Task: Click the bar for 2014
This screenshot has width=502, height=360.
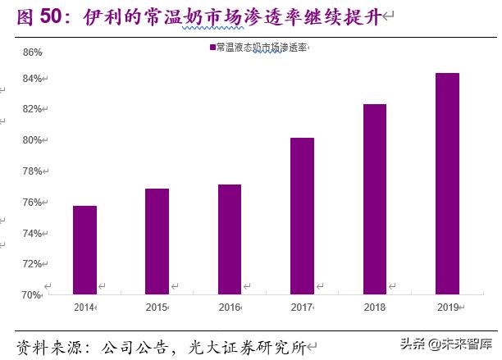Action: tap(84, 249)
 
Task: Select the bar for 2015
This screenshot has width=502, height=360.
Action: tap(157, 241)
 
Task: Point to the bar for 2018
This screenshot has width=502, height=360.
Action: tap(374, 198)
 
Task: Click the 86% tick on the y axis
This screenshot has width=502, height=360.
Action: tap(31, 52)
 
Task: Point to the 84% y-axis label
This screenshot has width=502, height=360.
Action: tap(31, 79)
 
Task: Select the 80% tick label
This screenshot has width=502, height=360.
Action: tap(31, 140)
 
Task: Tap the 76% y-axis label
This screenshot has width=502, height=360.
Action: tap(31, 203)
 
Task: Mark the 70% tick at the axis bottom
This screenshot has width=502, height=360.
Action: tap(31, 294)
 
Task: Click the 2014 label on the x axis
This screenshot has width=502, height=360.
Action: tap(84, 307)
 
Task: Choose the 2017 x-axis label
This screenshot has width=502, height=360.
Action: tap(301, 307)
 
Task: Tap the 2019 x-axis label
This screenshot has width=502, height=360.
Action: tap(446, 307)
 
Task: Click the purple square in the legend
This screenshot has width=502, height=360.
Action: tap(212, 48)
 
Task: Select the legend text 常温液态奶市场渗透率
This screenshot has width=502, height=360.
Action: tap(261, 48)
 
